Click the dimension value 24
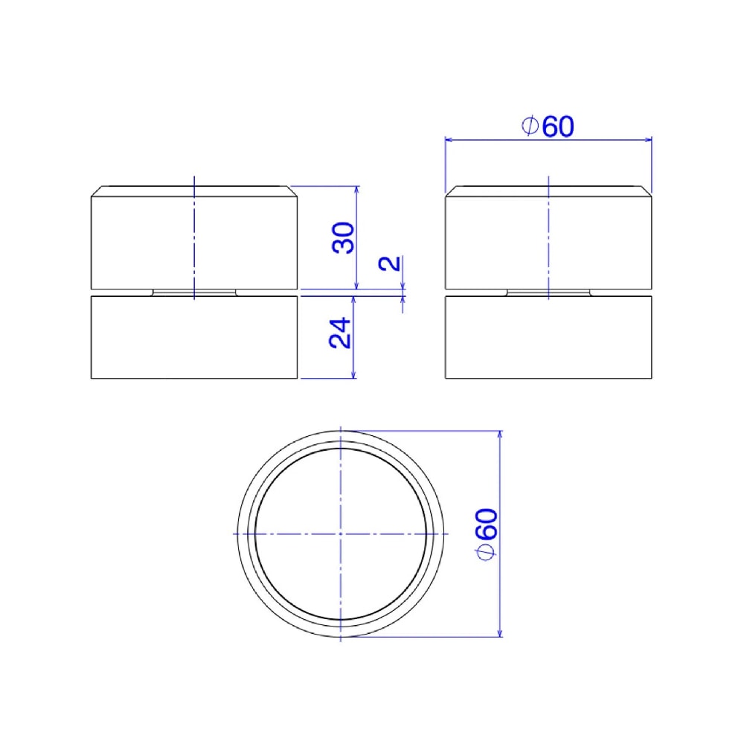(x=340, y=333)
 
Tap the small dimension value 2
(x=390, y=263)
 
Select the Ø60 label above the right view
(x=548, y=126)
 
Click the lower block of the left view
(x=194, y=337)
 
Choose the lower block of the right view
(x=548, y=337)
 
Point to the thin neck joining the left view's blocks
(x=194, y=292)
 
